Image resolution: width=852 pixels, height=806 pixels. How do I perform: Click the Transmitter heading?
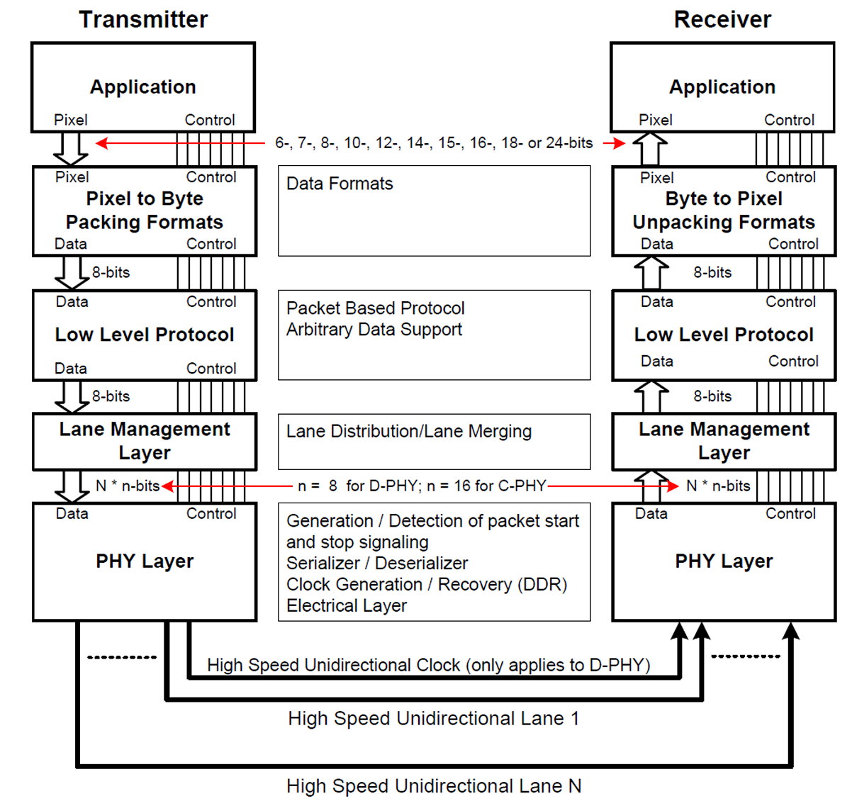(x=143, y=20)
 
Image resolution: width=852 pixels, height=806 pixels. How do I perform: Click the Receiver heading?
(x=722, y=20)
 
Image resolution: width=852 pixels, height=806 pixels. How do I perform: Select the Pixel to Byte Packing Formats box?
(x=145, y=211)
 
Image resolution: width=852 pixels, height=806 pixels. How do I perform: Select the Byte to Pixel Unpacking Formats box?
(x=724, y=211)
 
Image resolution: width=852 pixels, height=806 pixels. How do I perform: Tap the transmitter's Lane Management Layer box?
(x=145, y=441)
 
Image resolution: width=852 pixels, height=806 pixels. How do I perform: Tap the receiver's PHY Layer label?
(x=724, y=561)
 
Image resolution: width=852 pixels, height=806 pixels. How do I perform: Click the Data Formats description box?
(x=434, y=211)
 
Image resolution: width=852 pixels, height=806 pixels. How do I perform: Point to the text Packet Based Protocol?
(x=376, y=308)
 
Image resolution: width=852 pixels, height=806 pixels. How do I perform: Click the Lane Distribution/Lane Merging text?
(x=409, y=432)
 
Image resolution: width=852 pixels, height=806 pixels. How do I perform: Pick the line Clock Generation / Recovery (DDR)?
(x=427, y=585)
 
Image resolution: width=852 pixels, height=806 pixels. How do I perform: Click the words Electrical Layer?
(x=347, y=606)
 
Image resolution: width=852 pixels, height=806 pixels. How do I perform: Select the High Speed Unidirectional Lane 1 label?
(x=434, y=719)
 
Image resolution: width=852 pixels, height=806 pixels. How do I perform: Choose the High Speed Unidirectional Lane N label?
(x=434, y=786)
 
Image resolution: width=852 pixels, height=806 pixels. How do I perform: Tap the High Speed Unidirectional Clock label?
(x=428, y=665)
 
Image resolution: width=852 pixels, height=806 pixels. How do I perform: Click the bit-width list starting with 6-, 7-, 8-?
(x=434, y=143)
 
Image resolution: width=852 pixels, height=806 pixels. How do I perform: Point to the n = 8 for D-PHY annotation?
(x=422, y=486)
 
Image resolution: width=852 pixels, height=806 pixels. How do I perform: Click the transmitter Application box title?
(x=143, y=87)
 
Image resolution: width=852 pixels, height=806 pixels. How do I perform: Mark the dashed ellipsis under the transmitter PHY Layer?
(x=122, y=657)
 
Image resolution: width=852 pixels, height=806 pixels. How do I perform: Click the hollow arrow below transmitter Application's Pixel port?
(x=71, y=148)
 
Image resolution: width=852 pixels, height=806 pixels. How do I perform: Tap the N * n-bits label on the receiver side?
(x=718, y=486)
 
